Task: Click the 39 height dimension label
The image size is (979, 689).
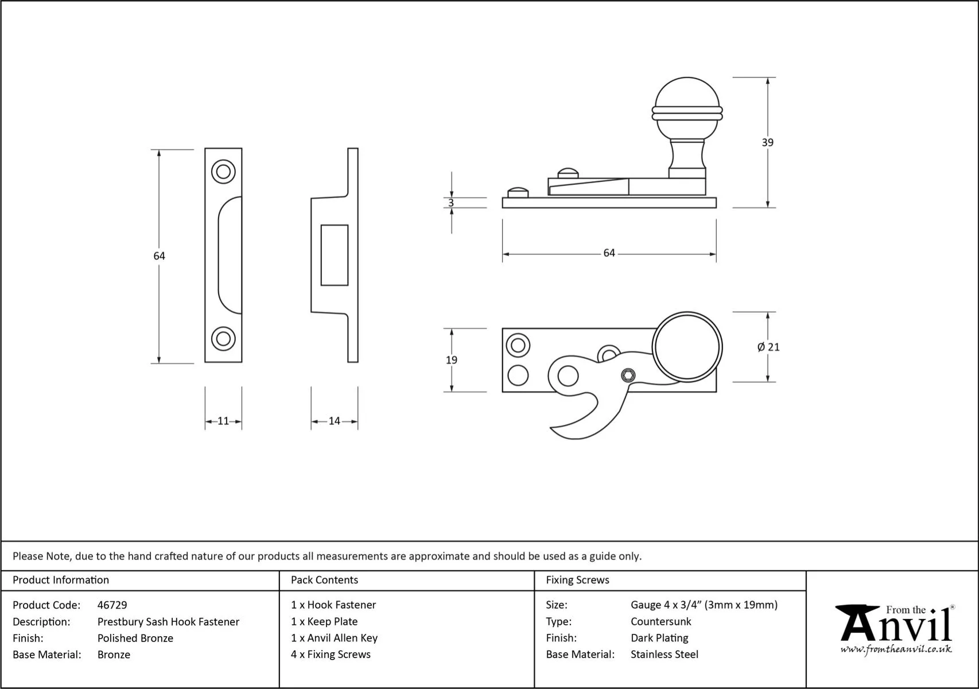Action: point(767,142)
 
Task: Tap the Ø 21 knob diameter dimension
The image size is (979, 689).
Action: point(768,347)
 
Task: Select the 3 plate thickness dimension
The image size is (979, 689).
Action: point(451,203)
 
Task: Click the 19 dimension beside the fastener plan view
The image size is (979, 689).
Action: point(452,360)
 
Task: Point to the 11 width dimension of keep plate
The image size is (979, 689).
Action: point(223,421)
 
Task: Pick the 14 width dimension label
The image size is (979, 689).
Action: point(335,421)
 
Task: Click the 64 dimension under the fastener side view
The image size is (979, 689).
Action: point(609,253)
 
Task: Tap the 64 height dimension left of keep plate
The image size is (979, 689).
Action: point(159,256)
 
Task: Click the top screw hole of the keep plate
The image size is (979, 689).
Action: point(223,172)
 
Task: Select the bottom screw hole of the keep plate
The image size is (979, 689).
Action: point(223,338)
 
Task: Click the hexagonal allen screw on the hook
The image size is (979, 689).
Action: point(629,376)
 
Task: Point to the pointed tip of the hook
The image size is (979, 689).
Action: point(552,428)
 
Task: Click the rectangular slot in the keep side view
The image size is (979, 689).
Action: point(335,255)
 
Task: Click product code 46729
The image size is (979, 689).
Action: point(112,605)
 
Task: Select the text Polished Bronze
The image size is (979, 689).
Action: point(135,638)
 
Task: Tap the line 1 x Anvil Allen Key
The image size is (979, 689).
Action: point(334,638)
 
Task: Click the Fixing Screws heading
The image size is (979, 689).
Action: point(577,580)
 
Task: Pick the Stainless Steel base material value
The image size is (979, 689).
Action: point(665,654)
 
